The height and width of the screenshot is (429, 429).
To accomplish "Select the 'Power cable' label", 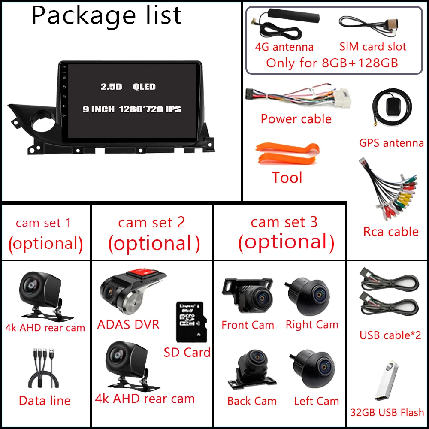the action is tap(296, 119).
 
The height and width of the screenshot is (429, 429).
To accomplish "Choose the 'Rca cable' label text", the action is tap(391, 232).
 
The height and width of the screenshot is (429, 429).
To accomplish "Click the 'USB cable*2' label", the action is tap(390, 335).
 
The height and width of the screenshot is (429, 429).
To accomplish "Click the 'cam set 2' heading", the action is tap(152, 222).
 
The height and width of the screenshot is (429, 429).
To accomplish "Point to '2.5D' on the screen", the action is tap(111, 87).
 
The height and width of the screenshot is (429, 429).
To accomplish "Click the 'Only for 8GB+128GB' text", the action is tap(332, 63).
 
